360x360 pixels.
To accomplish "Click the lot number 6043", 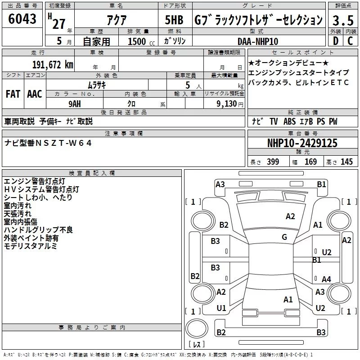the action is tap(22, 20).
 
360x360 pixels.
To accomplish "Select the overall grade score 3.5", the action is tap(342, 20).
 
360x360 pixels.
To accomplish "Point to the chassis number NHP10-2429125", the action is tap(302, 143).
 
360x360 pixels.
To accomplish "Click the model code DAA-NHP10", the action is tap(257, 41).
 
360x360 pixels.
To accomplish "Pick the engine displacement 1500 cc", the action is tap(137, 41).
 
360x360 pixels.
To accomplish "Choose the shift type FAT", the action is tap(13, 94).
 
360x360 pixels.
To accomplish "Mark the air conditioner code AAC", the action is tap(35, 94).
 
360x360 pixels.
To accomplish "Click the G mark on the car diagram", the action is tap(284, 237).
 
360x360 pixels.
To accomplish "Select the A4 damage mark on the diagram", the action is tap(326, 279).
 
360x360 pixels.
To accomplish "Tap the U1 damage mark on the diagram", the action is tap(221, 308).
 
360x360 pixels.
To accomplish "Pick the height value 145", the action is tap(346, 162).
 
